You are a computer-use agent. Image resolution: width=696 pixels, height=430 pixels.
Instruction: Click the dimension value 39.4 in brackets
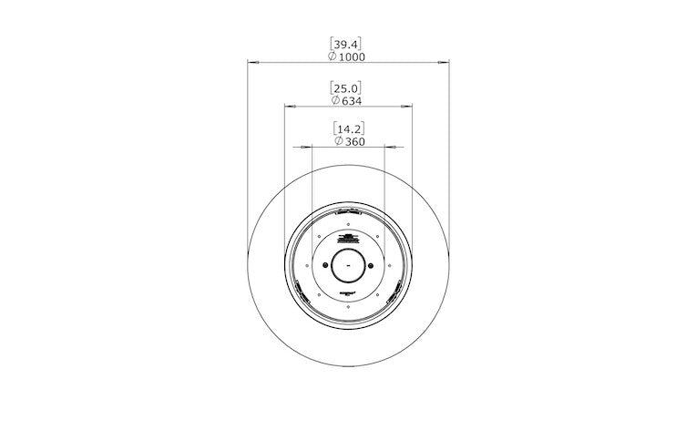tap(348, 43)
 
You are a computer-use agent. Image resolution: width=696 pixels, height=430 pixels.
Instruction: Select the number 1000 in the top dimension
tap(352, 56)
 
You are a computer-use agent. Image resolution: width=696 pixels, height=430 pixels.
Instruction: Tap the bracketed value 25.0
tap(348, 87)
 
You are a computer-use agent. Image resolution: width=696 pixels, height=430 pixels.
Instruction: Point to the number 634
tap(353, 100)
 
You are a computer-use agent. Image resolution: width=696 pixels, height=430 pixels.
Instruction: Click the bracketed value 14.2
tap(348, 128)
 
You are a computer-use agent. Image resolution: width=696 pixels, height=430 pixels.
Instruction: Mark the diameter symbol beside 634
tap(335, 100)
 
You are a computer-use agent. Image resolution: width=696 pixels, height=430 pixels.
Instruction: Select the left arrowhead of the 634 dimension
tap(289, 107)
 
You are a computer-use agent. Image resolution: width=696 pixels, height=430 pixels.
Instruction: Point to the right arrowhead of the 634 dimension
tap(409, 107)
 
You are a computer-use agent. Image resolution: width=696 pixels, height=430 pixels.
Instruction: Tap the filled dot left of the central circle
tap(325, 265)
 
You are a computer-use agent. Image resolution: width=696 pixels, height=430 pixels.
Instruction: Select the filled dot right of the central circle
tap(372, 265)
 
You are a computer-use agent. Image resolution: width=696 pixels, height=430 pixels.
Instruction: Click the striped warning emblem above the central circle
tap(349, 239)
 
